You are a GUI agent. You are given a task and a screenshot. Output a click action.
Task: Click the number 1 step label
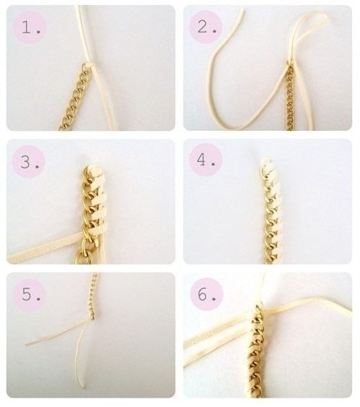[x=31, y=27]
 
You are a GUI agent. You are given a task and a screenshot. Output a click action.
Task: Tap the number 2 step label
[x=207, y=27]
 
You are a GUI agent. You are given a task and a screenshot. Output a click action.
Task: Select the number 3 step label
[x=30, y=161]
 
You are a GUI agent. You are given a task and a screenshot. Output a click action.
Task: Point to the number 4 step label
[x=206, y=160]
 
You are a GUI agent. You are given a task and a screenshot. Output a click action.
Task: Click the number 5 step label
[x=31, y=294]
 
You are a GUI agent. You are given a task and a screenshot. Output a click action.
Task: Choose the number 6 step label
[x=207, y=294]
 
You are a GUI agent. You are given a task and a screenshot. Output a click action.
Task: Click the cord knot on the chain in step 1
[x=90, y=65]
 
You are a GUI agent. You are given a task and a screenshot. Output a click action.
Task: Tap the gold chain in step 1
[x=74, y=96]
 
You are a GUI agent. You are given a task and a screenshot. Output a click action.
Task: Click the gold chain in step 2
[x=290, y=98]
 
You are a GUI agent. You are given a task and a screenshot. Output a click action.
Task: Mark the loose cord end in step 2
[x=242, y=10]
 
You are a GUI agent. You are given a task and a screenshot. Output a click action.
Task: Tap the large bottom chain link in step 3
[x=80, y=257]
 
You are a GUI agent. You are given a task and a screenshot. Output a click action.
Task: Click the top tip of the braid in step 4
[x=265, y=159]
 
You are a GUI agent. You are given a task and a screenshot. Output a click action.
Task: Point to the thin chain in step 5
[x=94, y=296]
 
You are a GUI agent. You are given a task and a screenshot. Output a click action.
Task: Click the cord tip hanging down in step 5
[x=83, y=386]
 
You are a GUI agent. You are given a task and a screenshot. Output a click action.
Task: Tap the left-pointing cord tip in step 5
[x=27, y=345]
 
